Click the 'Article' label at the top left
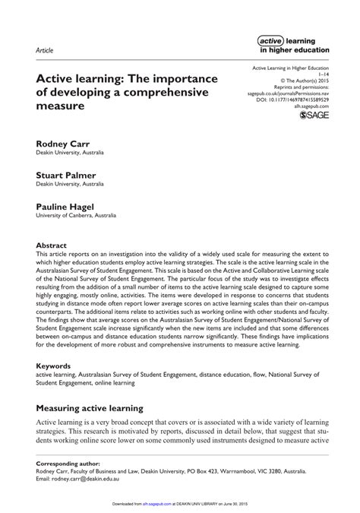click(x=44, y=50)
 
